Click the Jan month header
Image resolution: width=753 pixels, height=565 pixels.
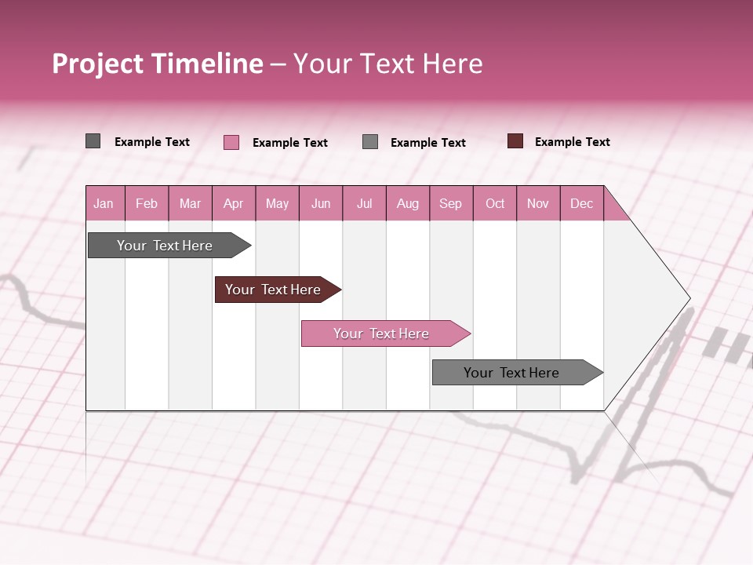pyautogui.click(x=104, y=203)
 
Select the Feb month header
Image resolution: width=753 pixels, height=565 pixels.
pyautogui.click(x=147, y=203)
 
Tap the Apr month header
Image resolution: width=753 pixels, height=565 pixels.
pyautogui.click(x=234, y=203)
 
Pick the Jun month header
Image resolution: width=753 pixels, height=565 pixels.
pyautogui.click(x=321, y=203)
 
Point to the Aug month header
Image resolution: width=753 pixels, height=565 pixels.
pyautogui.click(x=408, y=203)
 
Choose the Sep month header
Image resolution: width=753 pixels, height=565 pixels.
pyautogui.click(x=451, y=203)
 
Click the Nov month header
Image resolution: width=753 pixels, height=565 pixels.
pyautogui.click(x=538, y=203)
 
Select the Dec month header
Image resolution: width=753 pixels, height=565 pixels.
pyautogui.click(x=582, y=203)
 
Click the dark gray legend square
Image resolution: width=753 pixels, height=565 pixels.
pyautogui.click(x=93, y=141)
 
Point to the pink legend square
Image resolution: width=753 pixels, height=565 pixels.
pyautogui.click(x=231, y=142)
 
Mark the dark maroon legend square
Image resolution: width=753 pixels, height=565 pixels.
pyautogui.click(x=515, y=141)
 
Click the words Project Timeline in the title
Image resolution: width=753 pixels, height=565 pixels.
pyautogui.click(x=158, y=64)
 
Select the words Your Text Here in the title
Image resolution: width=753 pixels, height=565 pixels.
pyautogui.click(x=388, y=64)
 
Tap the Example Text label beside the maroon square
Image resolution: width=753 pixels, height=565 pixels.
pyautogui.click(x=572, y=142)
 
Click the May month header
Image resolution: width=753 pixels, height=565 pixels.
pyautogui.click(x=277, y=203)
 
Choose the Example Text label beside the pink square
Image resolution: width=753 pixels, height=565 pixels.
pyautogui.click(x=289, y=143)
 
